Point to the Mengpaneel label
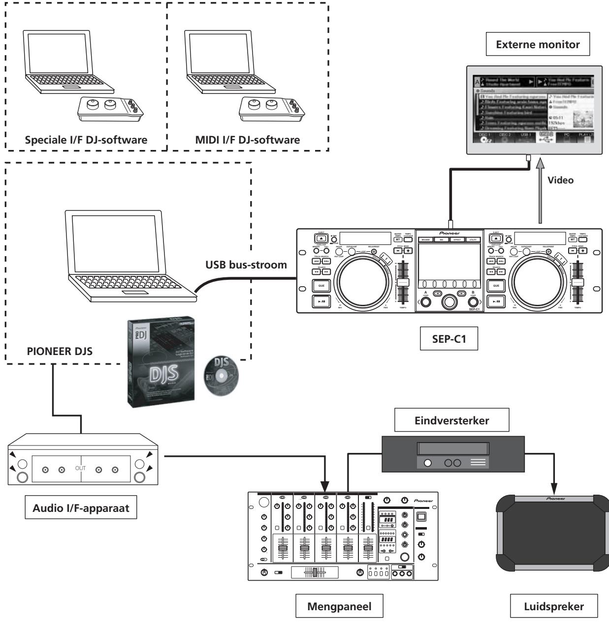click(339, 607)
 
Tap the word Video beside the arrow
click(560, 180)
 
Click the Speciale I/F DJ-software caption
click(86, 140)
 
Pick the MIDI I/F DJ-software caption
click(248, 140)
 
